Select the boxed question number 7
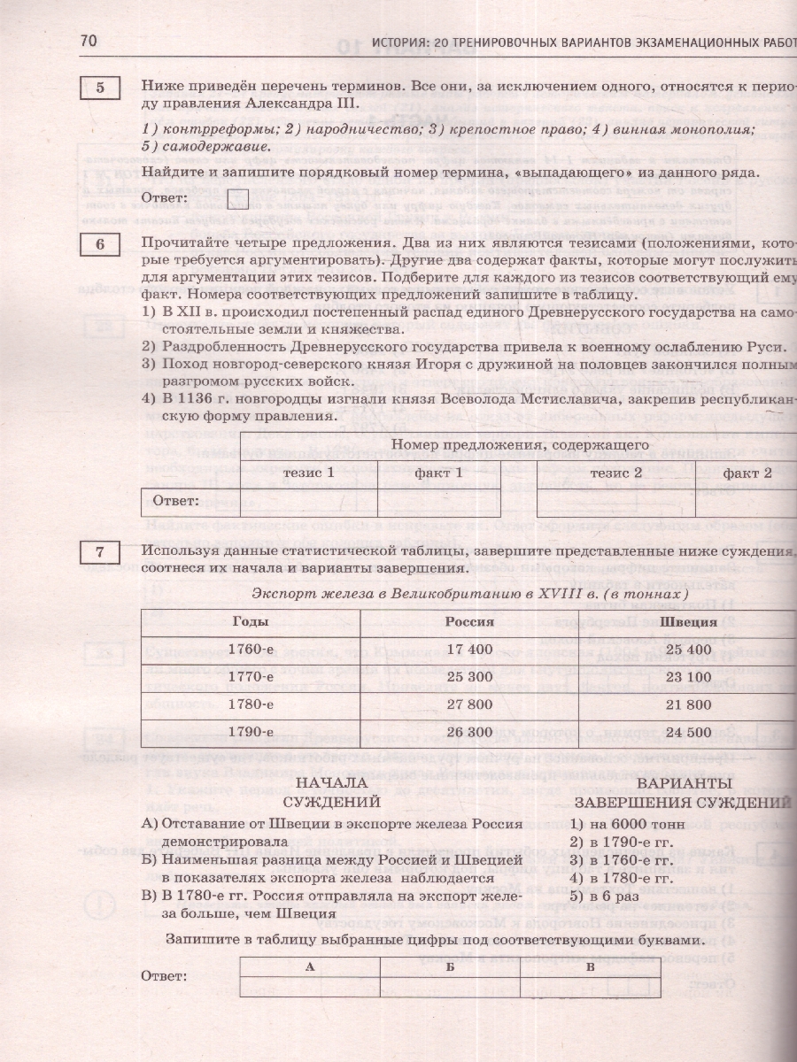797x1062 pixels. [101, 553]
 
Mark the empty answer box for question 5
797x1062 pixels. [237, 198]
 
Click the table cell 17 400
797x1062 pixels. [469, 649]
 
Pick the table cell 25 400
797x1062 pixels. [693, 649]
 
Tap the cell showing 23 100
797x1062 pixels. [693, 677]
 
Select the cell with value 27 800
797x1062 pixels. [469, 704]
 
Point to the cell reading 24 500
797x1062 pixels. [693, 732]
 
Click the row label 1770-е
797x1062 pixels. [250, 677]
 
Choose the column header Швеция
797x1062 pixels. [693, 621]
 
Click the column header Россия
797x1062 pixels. [469, 621]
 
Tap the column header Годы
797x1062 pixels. [250, 621]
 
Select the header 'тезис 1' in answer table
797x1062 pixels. [308, 473]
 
